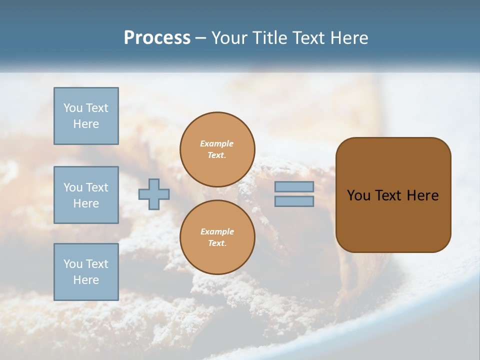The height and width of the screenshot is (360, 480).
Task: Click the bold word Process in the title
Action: (157, 38)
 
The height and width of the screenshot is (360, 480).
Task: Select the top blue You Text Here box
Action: (86, 116)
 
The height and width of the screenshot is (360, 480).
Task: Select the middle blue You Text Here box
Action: (86, 195)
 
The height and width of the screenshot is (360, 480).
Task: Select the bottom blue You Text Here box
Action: (86, 272)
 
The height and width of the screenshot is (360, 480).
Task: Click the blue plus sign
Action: (154, 194)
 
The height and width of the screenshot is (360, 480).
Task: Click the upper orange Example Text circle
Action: (217, 149)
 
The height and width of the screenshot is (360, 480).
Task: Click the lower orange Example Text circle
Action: (217, 237)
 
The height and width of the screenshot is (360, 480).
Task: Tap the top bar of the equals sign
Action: (294, 186)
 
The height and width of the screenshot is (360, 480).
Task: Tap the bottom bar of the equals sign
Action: (294, 201)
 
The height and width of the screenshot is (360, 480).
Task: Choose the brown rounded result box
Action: (393, 220)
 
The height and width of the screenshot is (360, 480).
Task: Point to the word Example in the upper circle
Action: (217, 144)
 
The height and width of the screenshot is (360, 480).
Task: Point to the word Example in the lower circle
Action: (217, 232)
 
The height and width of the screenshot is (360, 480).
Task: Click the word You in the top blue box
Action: (73, 108)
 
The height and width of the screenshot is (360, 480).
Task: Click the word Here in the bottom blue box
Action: (86, 280)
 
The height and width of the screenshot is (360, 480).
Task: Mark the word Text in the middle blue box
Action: (97, 187)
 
